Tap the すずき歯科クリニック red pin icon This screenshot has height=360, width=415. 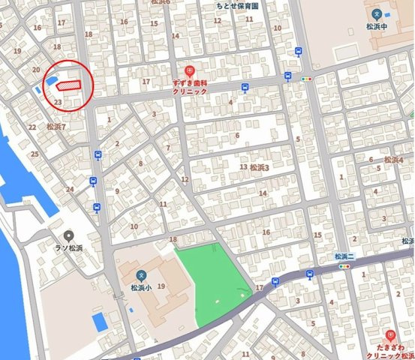tap(179, 70)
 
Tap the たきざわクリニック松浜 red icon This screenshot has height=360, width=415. tap(389, 335)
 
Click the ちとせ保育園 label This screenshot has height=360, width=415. tap(237, 4)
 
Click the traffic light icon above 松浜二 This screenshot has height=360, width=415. tap(346, 266)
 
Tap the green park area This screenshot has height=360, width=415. tap(215, 281)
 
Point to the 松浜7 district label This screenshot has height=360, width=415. tap(56, 127)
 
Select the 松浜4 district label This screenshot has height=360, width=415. tap(393, 160)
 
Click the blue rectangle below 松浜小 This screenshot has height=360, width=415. tap(99, 323)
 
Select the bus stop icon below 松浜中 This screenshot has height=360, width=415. tap(299, 52)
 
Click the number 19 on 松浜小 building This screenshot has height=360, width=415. tap(161, 286)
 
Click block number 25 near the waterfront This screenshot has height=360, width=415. tap(35, 154)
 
